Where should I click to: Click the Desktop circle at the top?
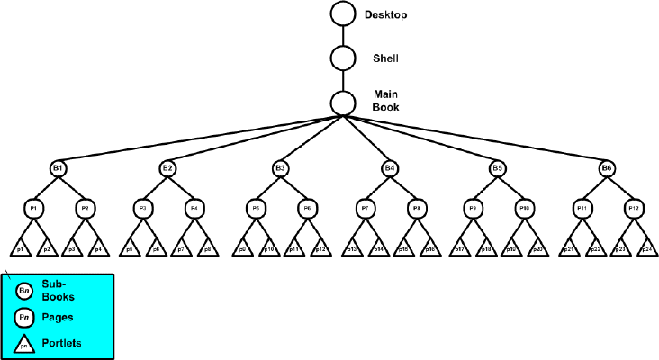coord(343,14)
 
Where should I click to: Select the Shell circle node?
coord(343,58)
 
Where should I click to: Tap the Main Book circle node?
coord(343,103)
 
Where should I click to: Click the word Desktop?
coord(386,15)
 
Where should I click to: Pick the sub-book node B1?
coord(59,168)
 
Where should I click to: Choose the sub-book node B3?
coord(281,168)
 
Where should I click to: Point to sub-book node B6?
coord(608,168)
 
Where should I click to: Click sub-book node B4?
coord(389,168)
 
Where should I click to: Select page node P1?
coord(33,208)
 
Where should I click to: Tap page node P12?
coord(634,208)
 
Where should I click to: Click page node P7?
coord(365,208)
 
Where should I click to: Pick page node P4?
coord(194,208)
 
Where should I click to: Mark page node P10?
coord(524,208)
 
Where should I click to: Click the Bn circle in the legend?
coord(25,291)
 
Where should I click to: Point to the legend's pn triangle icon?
coord(25,343)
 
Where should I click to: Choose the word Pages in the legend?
coord(59,316)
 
